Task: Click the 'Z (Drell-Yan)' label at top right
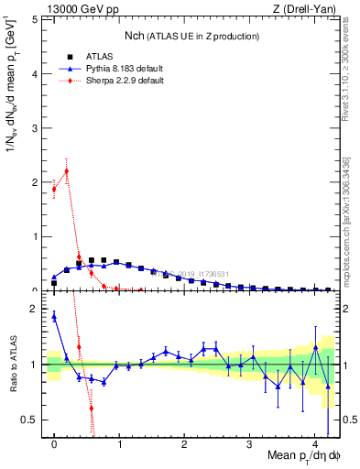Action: pos(310,8)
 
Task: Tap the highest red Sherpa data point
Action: pos(66,170)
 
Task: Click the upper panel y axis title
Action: pos(12,101)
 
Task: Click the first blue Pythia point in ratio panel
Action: pos(54,316)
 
